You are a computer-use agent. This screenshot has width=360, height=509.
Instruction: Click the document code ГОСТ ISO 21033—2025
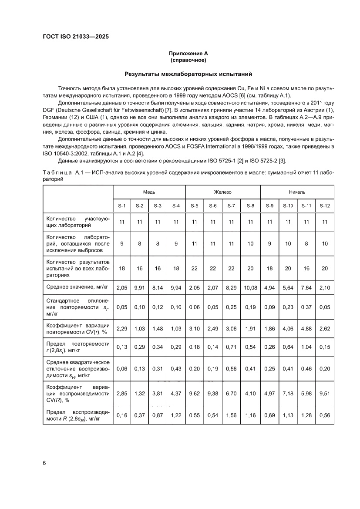pyautogui.click(x=75, y=37)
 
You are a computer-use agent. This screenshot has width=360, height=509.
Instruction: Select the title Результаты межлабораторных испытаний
pyautogui.click(x=188, y=74)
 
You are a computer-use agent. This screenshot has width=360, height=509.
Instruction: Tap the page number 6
pyautogui.click(x=44, y=463)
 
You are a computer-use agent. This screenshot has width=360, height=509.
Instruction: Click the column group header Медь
pyautogui.click(x=149, y=192)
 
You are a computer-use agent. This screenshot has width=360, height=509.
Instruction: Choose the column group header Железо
pyautogui.click(x=222, y=192)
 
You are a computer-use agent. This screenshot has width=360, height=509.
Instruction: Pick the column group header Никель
pyautogui.click(x=297, y=192)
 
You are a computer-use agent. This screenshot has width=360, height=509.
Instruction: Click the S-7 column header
pyautogui.click(x=232, y=205)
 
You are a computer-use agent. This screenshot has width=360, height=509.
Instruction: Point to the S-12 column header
pyautogui.click(x=325, y=205)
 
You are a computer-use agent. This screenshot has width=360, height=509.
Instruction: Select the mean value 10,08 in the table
pyautogui.click(x=250, y=287)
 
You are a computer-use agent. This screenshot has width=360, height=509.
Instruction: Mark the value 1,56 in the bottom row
pyautogui.click(x=232, y=415)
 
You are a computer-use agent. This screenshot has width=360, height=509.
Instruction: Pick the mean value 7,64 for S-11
pyautogui.click(x=306, y=287)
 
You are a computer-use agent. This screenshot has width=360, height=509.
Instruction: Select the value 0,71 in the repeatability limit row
pyautogui.click(x=232, y=347)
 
